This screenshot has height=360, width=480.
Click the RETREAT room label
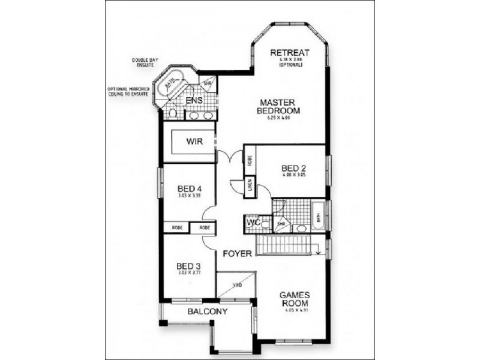pyautogui.click(x=289, y=52)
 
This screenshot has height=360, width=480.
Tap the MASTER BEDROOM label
pyautogui.click(x=278, y=106)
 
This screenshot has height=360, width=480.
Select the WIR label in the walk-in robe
pyautogui.click(x=193, y=142)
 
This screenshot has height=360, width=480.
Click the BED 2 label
pyautogui.click(x=293, y=169)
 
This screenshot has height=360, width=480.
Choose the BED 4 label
pyautogui.click(x=189, y=188)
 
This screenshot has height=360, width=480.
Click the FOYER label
pyautogui.click(x=237, y=254)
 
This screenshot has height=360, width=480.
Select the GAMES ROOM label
pyautogui.click(x=294, y=299)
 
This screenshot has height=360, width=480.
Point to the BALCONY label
pyautogui.click(x=207, y=311)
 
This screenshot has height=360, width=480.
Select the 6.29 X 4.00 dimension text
pyautogui.click(x=278, y=118)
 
